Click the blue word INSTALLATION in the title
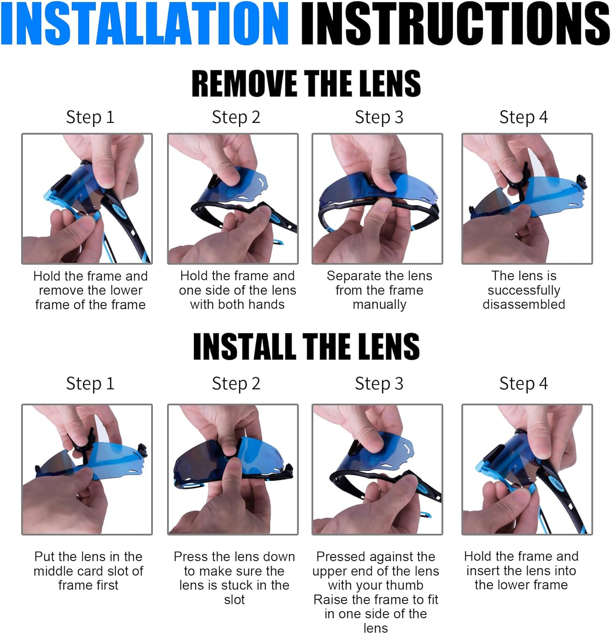pos(145,23)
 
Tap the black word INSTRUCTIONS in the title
pos(455,23)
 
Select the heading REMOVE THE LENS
pos(306,83)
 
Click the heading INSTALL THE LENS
pos(306,346)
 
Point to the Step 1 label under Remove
pos(90,117)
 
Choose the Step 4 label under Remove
pos(524,117)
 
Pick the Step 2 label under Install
pos(236,384)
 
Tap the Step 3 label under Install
pos(379,384)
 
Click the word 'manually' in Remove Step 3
pos(380,305)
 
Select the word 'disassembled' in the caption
pos(524,304)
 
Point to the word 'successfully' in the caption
pos(524,290)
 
